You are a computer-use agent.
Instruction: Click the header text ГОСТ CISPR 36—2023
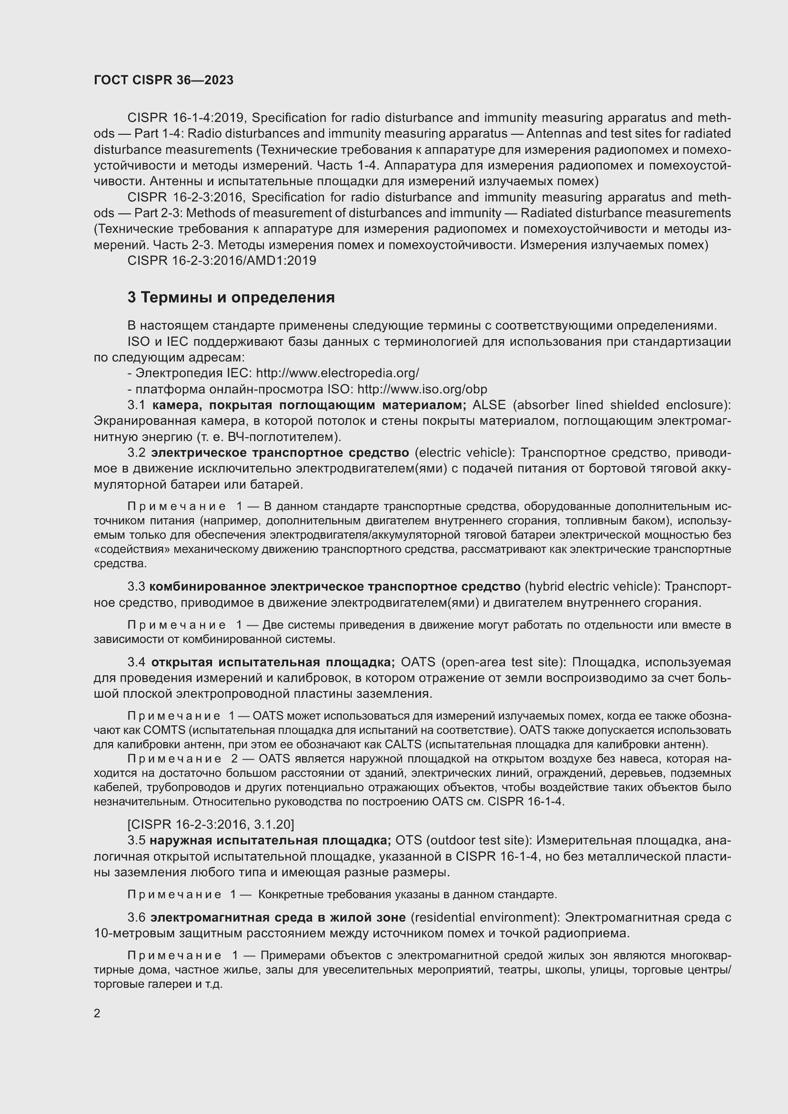pyautogui.click(x=163, y=80)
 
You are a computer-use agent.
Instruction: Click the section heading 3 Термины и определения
pyautogui.click(x=231, y=297)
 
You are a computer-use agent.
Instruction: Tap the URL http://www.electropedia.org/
pyautogui.click(x=337, y=373)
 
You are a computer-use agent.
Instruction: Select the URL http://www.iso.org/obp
pyautogui.click(x=422, y=389)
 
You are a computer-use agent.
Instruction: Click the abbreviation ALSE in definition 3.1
pyautogui.click(x=489, y=405)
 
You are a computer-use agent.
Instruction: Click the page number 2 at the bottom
pyautogui.click(x=97, y=1014)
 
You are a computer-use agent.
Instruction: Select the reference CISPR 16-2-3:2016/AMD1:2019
pyautogui.click(x=222, y=261)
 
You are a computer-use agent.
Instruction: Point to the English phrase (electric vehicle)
pyautogui.click(x=465, y=452)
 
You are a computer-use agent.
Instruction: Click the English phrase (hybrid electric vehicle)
pyautogui.click(x=593, y=587)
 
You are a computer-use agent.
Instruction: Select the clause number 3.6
pyautogui.click(x=136, y=917)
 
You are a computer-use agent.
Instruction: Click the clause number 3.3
pyautogui.click(x=136, y=587)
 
